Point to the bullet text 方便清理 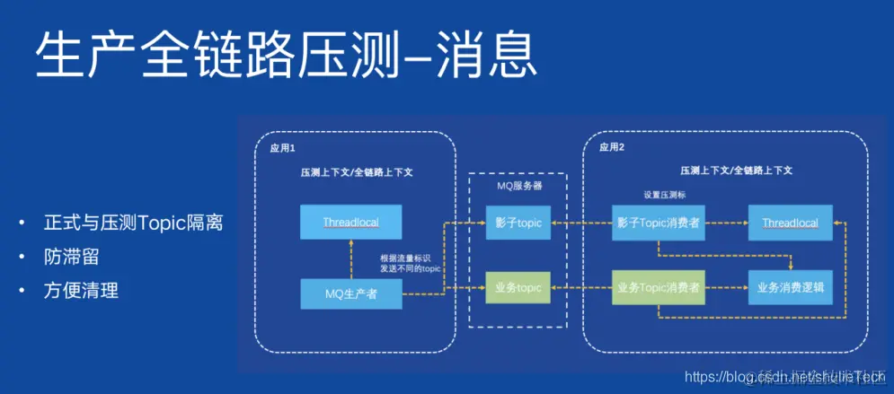81,291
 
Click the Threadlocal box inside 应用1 350,222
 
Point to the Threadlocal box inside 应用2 789,223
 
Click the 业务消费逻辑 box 789,288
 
